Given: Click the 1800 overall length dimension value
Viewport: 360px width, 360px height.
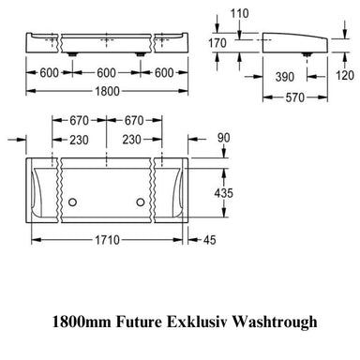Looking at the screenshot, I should point(106,93).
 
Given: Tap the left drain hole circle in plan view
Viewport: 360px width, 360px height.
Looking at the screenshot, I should point(71,202).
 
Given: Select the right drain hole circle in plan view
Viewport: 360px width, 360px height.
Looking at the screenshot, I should point(142,202).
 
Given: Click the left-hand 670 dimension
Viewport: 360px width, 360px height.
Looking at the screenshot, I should point(79,121).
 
